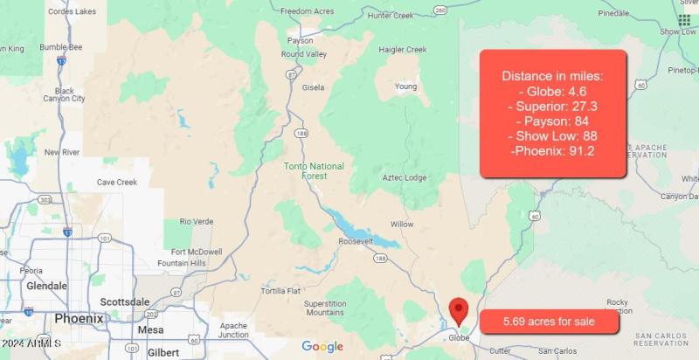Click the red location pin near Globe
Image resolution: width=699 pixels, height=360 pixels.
pos(458,310)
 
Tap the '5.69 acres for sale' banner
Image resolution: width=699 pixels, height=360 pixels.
pos(549,322)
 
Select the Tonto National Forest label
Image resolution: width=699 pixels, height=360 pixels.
pos(315,170)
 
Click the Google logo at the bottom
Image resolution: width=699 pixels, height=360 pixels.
pos(322,347)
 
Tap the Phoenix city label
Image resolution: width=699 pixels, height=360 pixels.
pos(79,319)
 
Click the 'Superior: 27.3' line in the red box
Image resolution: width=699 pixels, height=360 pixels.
pos(552,106)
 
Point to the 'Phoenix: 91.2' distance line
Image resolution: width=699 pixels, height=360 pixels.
pos(552,151)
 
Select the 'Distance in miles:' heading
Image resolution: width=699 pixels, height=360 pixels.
pos(552,76)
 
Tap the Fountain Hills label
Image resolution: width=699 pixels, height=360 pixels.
pos(182,263)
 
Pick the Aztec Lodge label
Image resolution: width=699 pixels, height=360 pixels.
pos(405,178)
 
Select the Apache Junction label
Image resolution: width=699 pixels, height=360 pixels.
pos(233,329)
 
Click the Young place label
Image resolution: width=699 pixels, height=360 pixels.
pos(405,87)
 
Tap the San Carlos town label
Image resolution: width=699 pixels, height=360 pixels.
pos(557,351)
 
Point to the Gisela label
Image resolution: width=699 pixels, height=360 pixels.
pos(312,87)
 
